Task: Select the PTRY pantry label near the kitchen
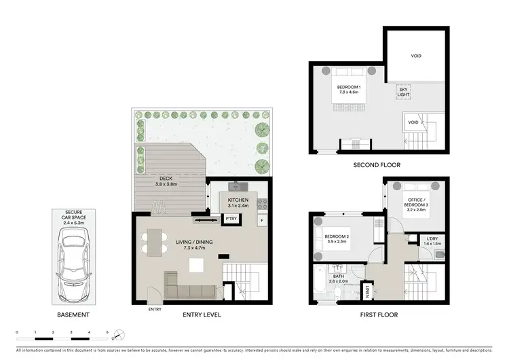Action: coord(231,219)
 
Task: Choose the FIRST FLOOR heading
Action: coord(379,315)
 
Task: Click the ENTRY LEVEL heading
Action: coord(202,315)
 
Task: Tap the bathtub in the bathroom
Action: coord(321,279)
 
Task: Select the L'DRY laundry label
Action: coord(432,239)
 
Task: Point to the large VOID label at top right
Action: coord(416,57)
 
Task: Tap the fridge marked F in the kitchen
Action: coord(262,221)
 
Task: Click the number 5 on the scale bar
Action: coord(107,331)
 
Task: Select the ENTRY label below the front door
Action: coord(155,310)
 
